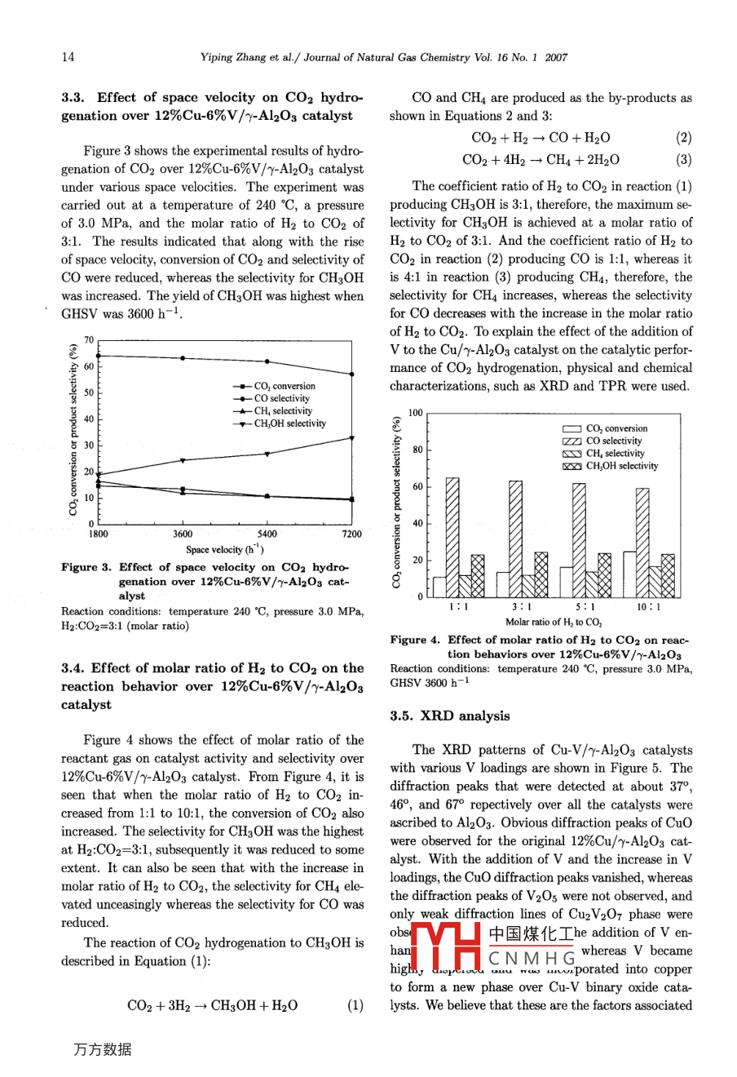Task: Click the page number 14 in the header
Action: (68, 57)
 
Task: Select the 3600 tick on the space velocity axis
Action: (183, 534)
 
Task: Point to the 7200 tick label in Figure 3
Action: (351, 534)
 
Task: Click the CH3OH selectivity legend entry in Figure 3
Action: (289, 423)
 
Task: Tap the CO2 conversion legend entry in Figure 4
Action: (616, 428)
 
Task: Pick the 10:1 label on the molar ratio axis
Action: (649, 607)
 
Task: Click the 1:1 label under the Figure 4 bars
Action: (459, 607)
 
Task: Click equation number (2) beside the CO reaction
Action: (683, 138)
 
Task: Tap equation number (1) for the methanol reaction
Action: (355, 1005)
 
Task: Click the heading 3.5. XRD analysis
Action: (450, 716)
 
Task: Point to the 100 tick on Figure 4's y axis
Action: (416, 414)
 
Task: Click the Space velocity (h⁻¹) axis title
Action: (224, 549)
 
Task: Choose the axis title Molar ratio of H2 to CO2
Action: (554, 622)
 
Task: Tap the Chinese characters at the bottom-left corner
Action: (102, 1050)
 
